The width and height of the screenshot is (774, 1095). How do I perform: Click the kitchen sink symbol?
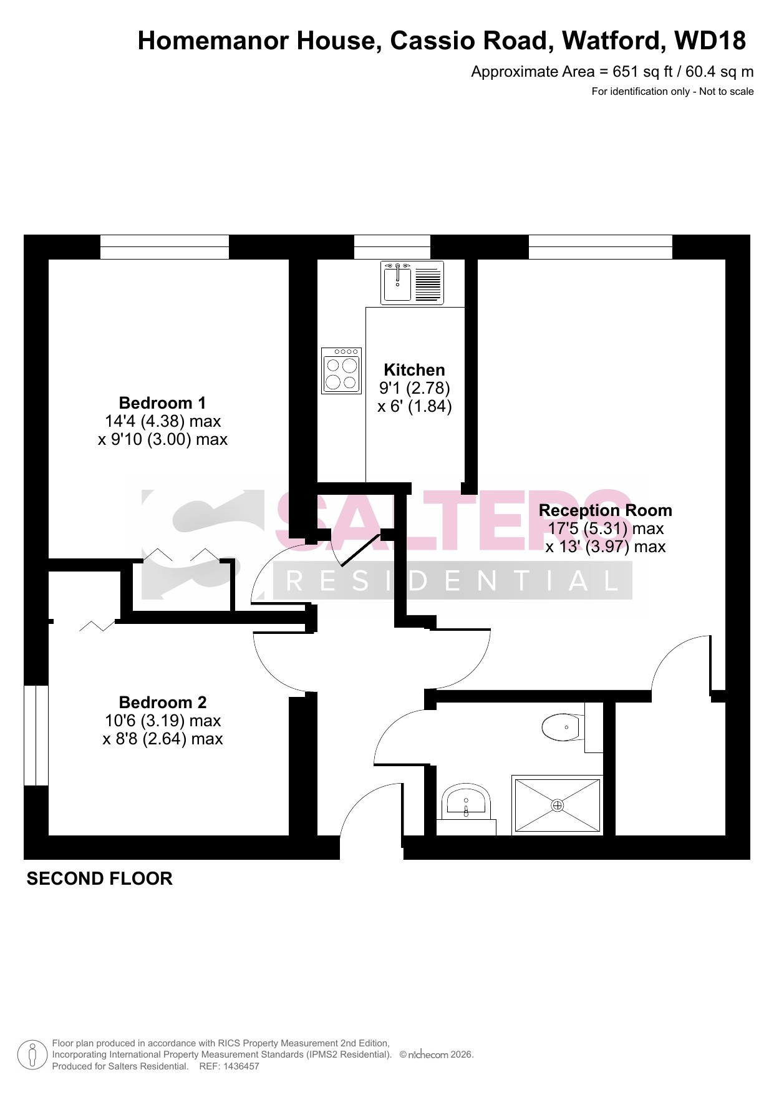point(412,283)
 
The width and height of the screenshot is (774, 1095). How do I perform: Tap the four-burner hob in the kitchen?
point(342,371)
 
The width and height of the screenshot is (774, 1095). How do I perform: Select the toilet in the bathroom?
point(562,728)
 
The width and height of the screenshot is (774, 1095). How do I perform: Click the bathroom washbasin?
point(466,803)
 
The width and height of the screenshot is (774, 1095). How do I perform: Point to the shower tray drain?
point(557,805)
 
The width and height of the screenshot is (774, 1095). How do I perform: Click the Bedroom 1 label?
point(162,402)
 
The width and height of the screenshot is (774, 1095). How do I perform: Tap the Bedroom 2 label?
point(162,702)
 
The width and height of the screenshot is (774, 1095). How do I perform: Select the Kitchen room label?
point(414,369)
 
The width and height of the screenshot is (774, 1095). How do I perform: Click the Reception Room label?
point(605,510)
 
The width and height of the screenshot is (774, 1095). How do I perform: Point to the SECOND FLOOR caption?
point(99,878)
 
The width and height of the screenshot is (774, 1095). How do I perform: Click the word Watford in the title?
point(612,41)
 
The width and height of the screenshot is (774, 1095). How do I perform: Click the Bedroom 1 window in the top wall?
point(165,246)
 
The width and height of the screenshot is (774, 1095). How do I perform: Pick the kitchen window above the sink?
point(392,246)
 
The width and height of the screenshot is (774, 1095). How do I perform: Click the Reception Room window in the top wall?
point(601,246)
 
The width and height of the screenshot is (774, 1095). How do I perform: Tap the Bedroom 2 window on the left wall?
point(36,736)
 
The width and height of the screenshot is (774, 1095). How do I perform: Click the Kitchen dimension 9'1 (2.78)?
point(414,388)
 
